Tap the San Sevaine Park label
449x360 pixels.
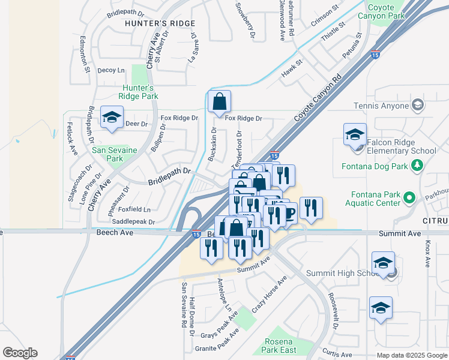tap(115, 154)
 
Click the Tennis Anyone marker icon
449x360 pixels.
tap(418, 106)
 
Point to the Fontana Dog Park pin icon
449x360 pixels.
tap(415, 166)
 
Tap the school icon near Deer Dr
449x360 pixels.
tap(112, 118)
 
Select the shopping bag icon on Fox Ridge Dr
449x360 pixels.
tap(220, 103)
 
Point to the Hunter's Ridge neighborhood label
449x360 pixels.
tap(160, 23)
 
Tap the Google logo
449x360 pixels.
tap(20, 352)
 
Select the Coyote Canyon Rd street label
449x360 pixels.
tap(318, 98)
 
